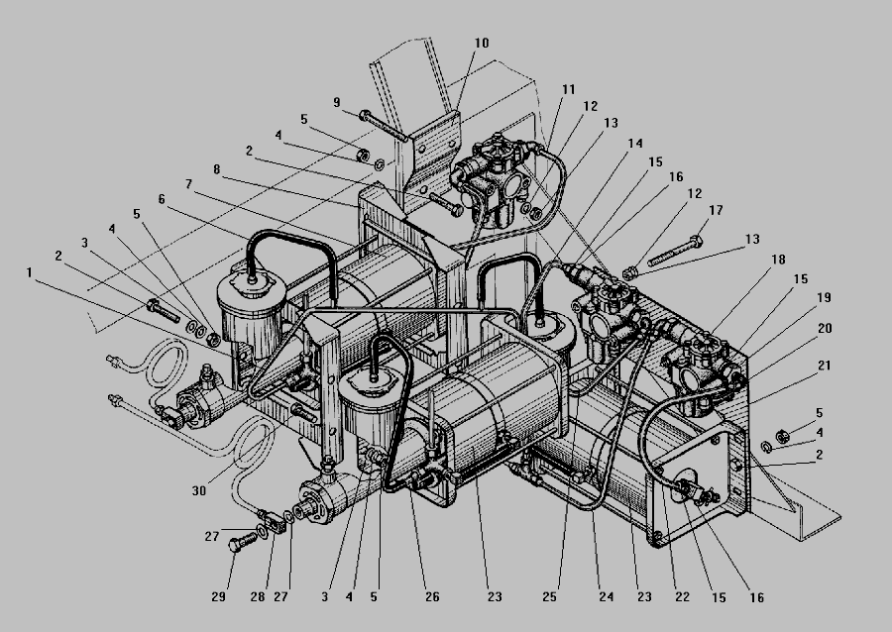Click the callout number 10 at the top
click(x=482, y=44)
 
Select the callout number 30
click(x=198, y=490)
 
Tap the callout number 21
click(x=824, y=366)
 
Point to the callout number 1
click(x=29, y=272)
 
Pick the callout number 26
click(x=432, y=596)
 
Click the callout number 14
click(x=635, y=144)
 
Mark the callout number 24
click(x=607, y=596)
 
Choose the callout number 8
click(x=217, y=169)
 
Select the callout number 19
click(x=824, y=297)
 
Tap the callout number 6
click(x=162, y=199)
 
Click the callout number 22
click(x=682, y=596)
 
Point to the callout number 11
click(x=568, y=89)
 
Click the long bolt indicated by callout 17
click(x=675, y=252)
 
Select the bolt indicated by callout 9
click(x=383, y=126)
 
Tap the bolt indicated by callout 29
click(x=243, y=542)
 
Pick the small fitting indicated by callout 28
click(x=277, y=521)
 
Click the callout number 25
click(x=549, y=596)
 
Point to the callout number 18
click(x=778, y=260)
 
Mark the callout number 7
click(x=188, y=184)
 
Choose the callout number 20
click(x=825, y=329)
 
